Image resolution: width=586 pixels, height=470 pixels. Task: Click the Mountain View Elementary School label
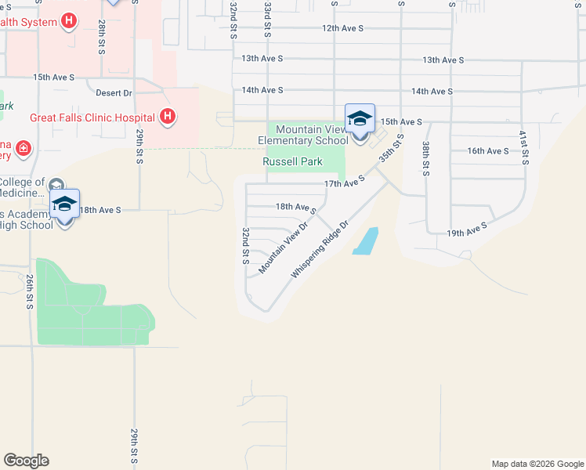pos(302,135)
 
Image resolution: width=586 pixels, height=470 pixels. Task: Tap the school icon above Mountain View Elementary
pos(360,118)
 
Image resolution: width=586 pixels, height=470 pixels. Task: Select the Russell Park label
pos(292,161)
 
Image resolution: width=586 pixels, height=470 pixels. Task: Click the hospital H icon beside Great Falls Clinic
pos(167,117)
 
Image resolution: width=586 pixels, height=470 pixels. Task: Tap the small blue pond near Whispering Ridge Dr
pos(365,240)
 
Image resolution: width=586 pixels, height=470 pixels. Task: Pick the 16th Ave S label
pos(487,150)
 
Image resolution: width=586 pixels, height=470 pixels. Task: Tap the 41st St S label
pos(523,148)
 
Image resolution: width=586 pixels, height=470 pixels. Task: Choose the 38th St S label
pos(425,159)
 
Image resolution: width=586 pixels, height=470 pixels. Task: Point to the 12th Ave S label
pos(342,28)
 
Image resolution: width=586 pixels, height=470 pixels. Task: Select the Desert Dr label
pos(114,92)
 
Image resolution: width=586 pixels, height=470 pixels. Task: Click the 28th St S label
pos(102,38)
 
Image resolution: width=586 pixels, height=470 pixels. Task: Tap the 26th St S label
pos(29,291)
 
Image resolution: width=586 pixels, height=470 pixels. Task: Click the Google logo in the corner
pos(26,461)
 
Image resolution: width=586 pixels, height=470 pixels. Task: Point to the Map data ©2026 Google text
pos(537,464)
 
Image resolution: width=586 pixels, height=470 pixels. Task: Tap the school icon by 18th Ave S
pos(65,204)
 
